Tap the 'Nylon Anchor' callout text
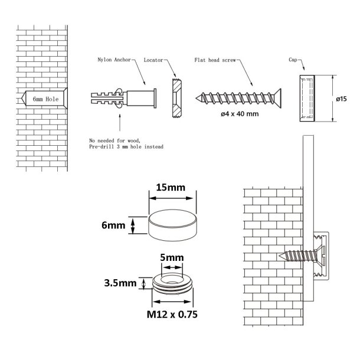(x=113, y=60)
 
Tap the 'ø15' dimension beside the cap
(x=341, y=99)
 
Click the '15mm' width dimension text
(x=170, y=188)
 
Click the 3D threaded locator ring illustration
(x=171, y=283)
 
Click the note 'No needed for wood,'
(x=114, y=140)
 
